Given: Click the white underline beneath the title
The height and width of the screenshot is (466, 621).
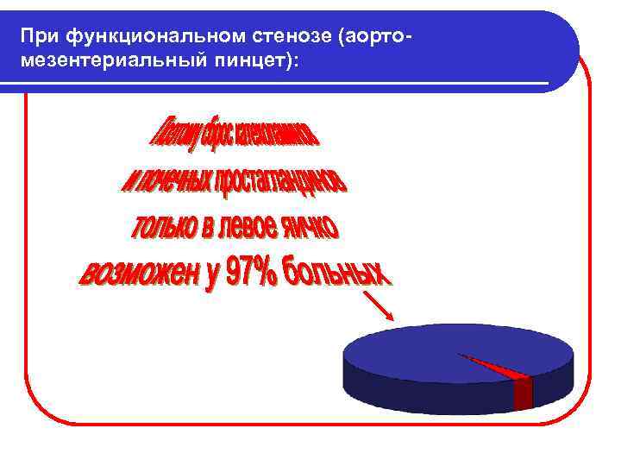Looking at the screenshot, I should point(276,84).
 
